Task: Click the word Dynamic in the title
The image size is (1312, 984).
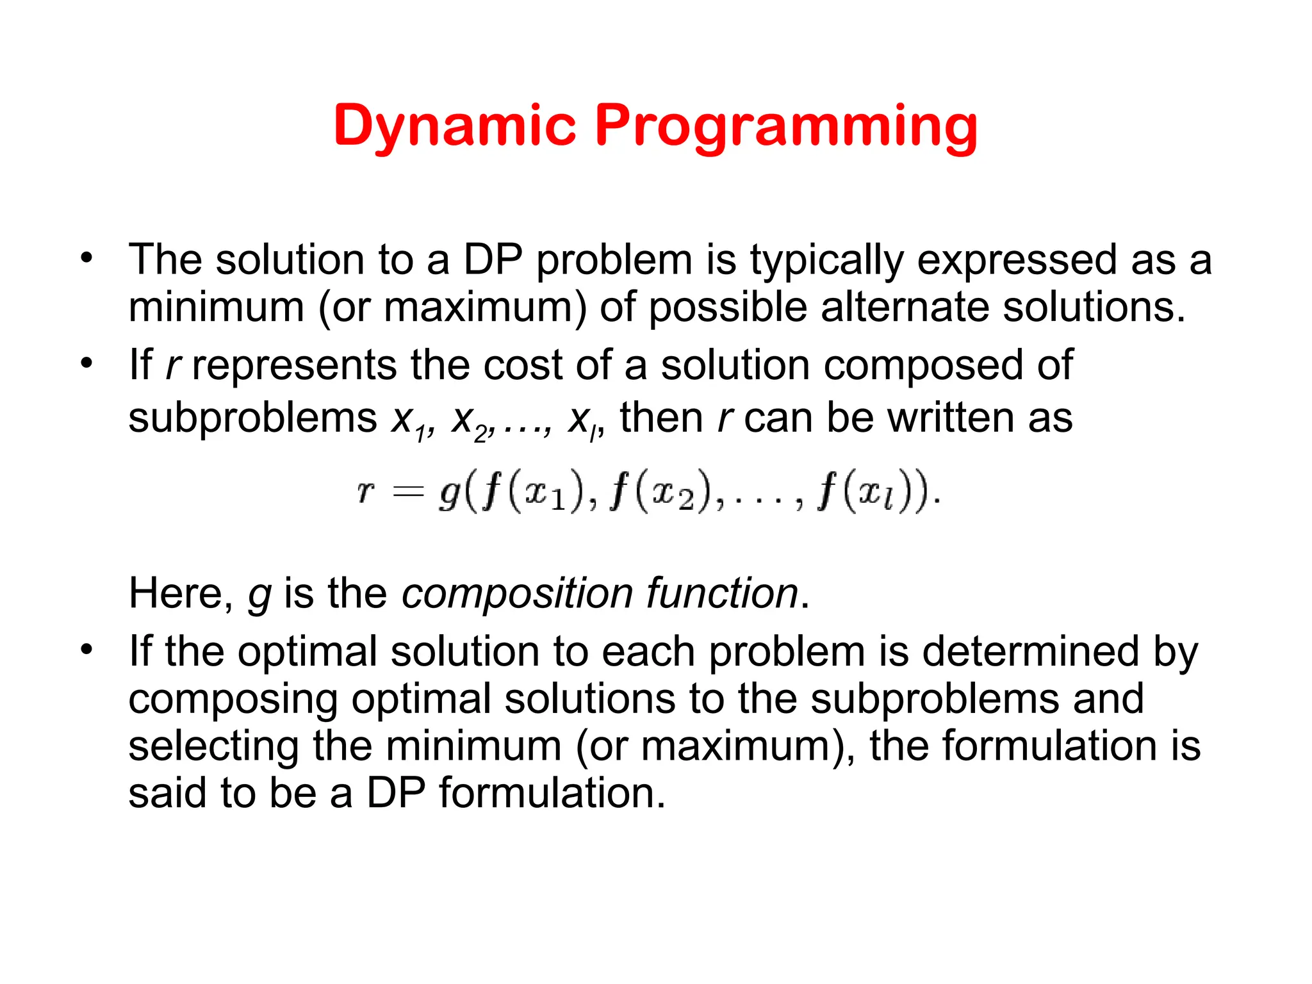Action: [454, 126]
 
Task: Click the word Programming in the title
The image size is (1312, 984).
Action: [785, 126]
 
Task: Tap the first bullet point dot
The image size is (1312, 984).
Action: [86, 259]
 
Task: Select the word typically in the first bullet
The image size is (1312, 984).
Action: [826, 261]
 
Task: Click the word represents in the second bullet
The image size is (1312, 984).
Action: [294, 365]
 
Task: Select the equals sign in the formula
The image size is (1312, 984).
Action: [408, 492]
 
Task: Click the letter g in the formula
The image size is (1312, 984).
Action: [449, 495]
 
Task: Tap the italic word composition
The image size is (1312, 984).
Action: [517, 594]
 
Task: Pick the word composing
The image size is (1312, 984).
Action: [233, 700]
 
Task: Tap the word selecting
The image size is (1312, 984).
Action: [213, 747]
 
